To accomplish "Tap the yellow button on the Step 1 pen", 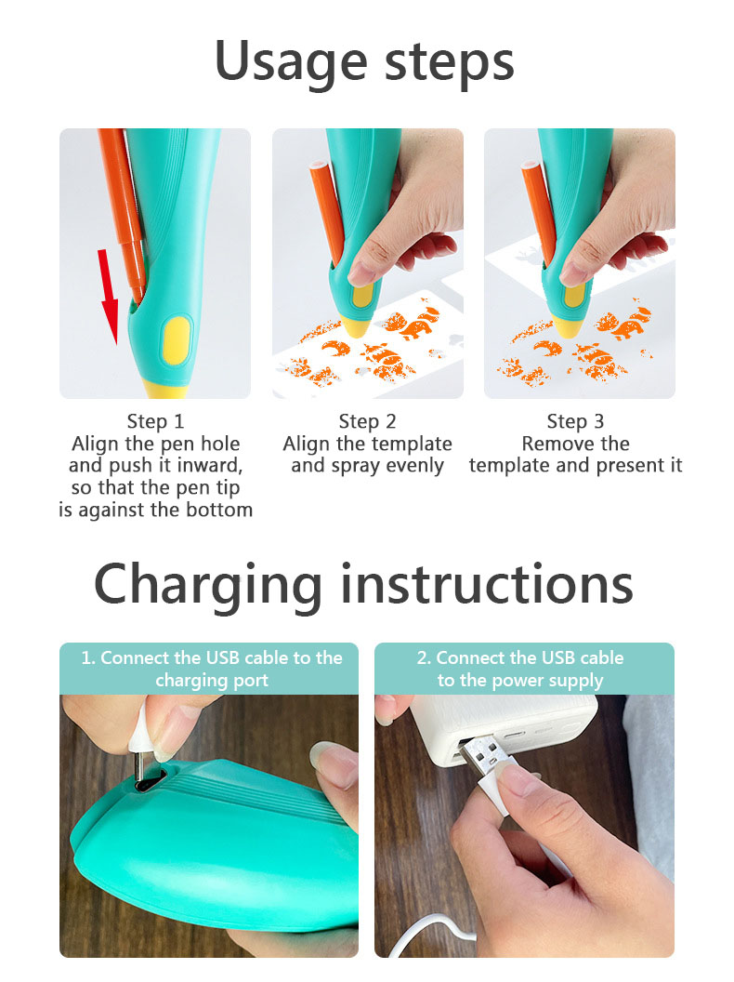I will coord(176,339).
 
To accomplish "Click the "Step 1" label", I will coord(154,421).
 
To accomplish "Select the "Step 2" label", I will coord(367,421).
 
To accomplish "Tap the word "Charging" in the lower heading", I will coord(209,584).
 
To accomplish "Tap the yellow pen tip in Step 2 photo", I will coord(356,326).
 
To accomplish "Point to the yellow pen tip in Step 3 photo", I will coord(568,326).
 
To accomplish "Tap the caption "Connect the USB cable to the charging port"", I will coord(211,669).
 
